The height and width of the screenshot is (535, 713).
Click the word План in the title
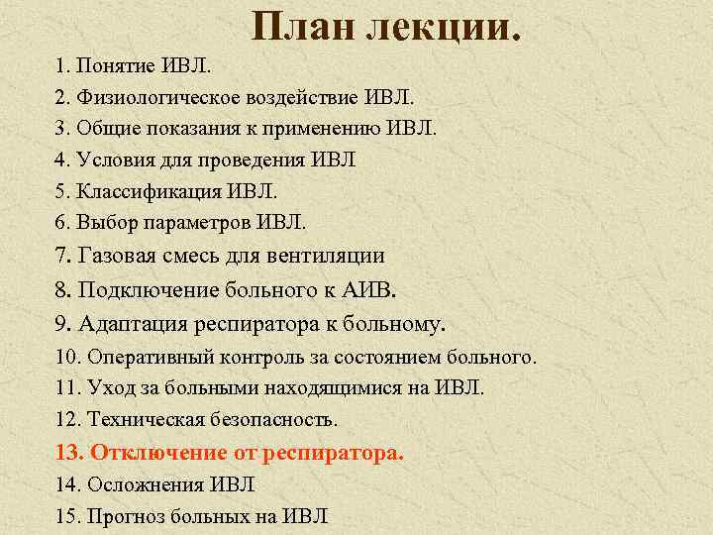[x=301, y=29]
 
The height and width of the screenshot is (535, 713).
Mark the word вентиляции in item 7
[x=328, y=256]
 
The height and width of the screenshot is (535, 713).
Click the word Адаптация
[x=129, y=323]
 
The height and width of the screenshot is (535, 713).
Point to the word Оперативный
[x=146, y=357]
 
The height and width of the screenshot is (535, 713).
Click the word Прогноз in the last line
[x=124, y=516]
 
